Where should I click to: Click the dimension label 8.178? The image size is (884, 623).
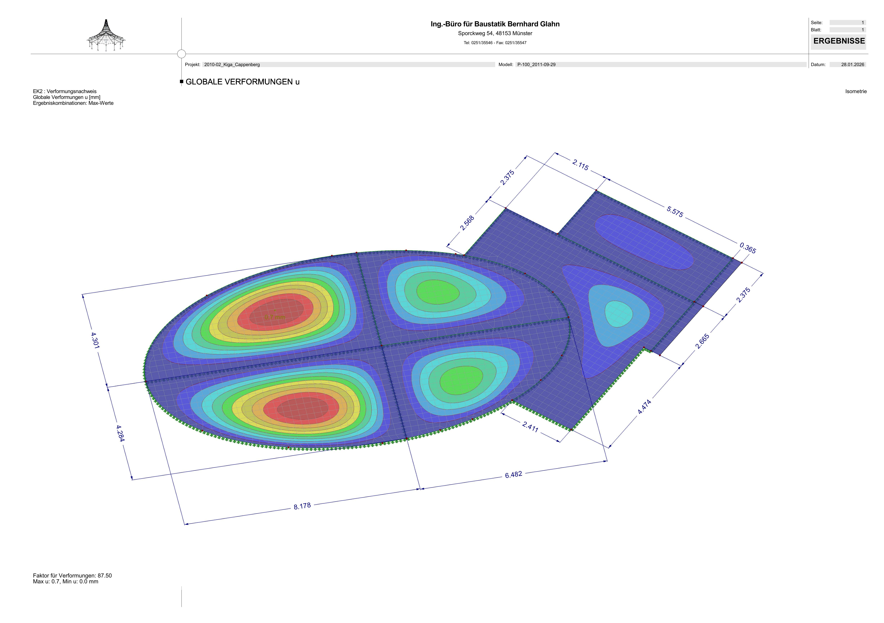click(x=302, y=506)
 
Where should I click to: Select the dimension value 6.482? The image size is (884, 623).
click(x=514, y=475)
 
